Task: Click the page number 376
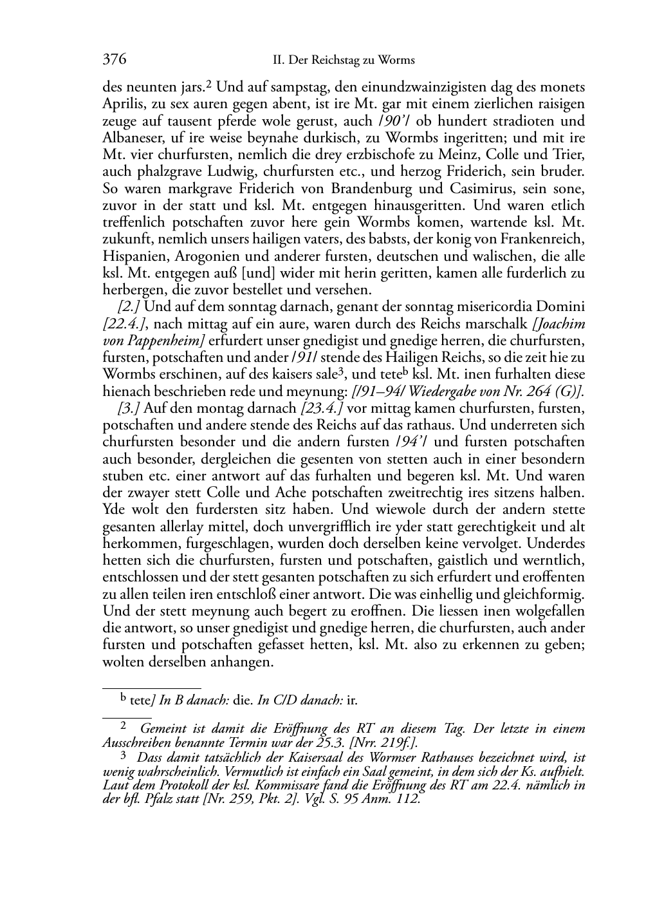pyautogui.click(x=115, y=60)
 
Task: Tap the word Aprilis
pyautogui.click(x=121, y=104)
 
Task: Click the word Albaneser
pyautogui.click(x=131, y=138)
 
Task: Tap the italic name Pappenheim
pyautogui.click(x=165, y=341)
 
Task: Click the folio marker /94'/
pyautogui.click(x=409, y=442)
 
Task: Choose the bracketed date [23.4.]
pyautogui.click(x=322, y=408)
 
